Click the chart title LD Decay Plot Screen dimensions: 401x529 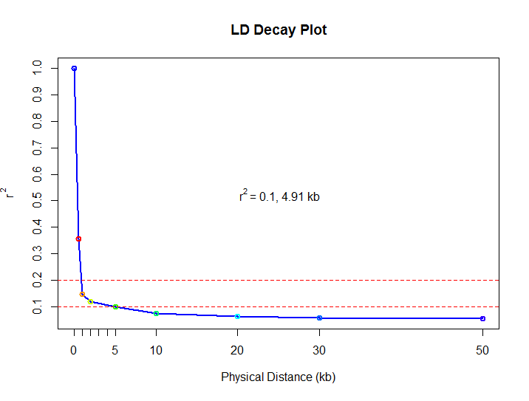[279, 31]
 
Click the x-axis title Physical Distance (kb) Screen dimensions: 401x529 [279, 377]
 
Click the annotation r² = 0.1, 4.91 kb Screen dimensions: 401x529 [279, 197]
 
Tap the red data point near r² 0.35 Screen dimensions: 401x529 [78, 239]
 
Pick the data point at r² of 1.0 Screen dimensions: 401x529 [74, 68]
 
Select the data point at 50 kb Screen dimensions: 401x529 [482, 318]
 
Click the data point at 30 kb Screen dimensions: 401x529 [319, 318]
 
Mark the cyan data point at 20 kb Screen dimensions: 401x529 [237, 316]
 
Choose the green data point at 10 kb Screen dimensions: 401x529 [156, 314]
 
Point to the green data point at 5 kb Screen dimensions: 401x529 [115, 306]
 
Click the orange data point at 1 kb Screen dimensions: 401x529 [82, 294]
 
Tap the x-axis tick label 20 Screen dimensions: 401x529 [237, 351]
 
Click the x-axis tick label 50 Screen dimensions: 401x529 [482, 351]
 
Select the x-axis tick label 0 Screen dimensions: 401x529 [74, 351]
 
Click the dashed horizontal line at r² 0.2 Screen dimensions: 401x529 [296, 281]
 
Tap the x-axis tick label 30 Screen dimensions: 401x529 [319, 351]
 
